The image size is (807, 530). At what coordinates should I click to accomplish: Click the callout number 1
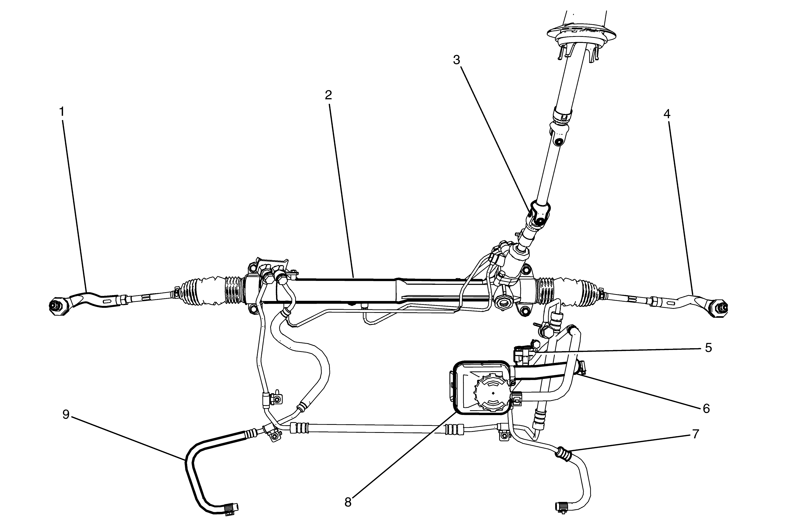pos(62,112)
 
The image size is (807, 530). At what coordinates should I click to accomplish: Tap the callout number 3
pos(457,60)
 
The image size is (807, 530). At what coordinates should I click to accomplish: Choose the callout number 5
pos(708,348)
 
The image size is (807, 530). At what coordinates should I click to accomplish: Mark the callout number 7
pos(696,434)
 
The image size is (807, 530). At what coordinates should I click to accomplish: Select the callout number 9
pos(66,415)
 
